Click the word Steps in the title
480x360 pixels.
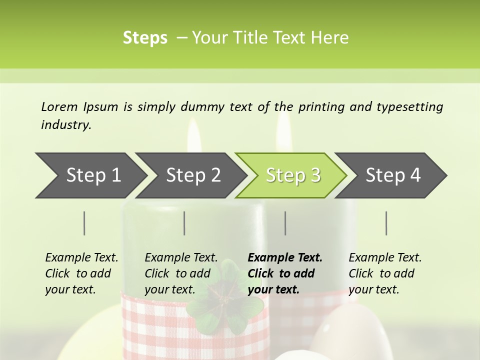pos(145,38)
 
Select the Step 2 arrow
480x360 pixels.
pos(193,175)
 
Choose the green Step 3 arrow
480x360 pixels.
pos(293,175)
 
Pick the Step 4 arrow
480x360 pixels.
pos(393,175)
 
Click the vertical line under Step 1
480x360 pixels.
pos(84,223)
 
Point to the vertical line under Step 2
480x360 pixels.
pos(184,223)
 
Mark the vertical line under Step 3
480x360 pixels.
pos(285,223)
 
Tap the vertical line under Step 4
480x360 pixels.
pos(386,223)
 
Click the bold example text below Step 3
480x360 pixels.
pos(285,273)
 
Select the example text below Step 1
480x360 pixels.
pos(81,273)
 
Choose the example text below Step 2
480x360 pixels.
pos(181,273)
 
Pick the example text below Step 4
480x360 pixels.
pos(385,273)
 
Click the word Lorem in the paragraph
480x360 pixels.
pos(59,106)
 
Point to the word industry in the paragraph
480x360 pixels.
pos(66,125)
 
